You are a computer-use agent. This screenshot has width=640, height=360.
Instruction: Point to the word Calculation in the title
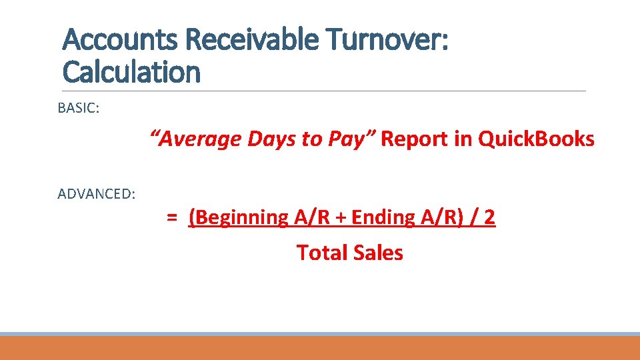pos(131,72)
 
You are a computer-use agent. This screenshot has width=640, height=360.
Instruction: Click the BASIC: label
pos(79,108)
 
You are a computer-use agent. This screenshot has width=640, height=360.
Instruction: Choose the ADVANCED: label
pos(97,194)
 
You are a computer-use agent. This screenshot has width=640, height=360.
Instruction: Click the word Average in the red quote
pos(199,139)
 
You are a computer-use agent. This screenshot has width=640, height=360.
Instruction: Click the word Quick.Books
pos(537,139)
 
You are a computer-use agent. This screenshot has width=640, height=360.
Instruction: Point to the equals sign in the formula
pos(172,217)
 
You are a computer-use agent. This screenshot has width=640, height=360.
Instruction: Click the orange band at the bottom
pos(320,348)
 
